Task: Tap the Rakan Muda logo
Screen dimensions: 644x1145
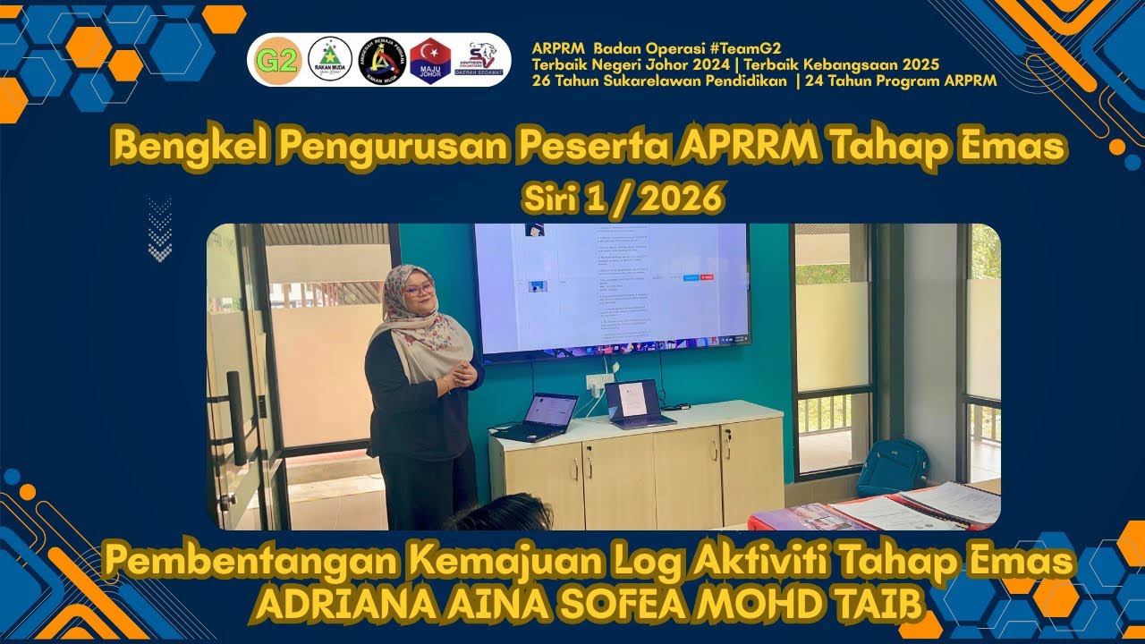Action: pyautogui.click(x=329, y=60)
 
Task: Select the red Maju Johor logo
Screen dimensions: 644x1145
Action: pyautogui.click(x=430, y=60)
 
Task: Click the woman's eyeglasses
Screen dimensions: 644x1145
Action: pyautogui.click(x=419, y=288)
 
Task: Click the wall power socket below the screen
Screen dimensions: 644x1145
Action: pyautogui.click(x=598, y=382)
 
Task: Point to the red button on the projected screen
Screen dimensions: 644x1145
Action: pyautogui.click(x=707, y=277)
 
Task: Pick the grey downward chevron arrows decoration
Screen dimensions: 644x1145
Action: pyautogui.click(x=159, y=230)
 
